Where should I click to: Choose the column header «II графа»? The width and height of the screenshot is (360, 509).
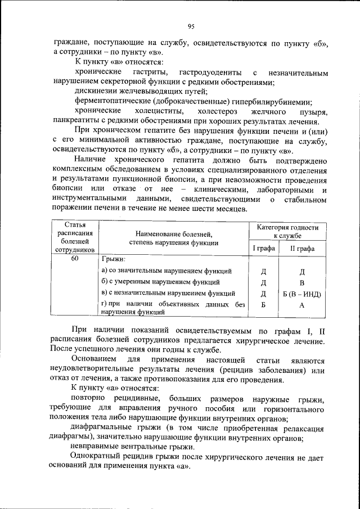(302, 248)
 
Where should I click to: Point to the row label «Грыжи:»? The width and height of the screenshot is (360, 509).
(113, 260)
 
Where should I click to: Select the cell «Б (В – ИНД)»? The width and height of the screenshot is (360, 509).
(302, 294)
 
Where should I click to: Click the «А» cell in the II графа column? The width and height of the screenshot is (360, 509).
(302, 305)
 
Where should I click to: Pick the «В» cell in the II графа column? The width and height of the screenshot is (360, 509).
(302, 282)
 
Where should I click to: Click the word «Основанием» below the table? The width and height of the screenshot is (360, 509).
(97, 359)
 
